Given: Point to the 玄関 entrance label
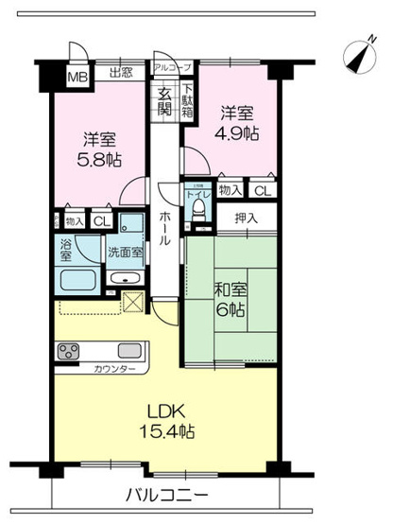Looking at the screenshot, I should pos(163,98).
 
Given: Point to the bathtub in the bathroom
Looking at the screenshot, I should pos(76,280).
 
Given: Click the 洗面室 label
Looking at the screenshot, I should pos(124,254).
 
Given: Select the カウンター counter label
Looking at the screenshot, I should pos(112,367).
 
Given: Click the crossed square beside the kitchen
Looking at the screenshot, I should pos(132,304).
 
